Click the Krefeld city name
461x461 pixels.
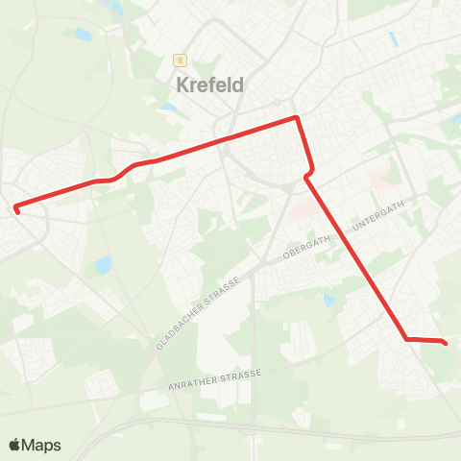(210, 85)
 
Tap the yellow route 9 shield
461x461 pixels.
(179, 60)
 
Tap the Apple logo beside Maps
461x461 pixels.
(14, 445)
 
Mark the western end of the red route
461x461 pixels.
(16, 206)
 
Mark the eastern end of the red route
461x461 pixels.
(448, 342)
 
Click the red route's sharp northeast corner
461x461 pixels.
(297, 118)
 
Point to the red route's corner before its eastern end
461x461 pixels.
(406, 338)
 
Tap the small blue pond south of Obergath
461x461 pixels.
(329, 301)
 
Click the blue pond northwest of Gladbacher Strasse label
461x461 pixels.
(103, 263)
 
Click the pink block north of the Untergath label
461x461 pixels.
(380, 179)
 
